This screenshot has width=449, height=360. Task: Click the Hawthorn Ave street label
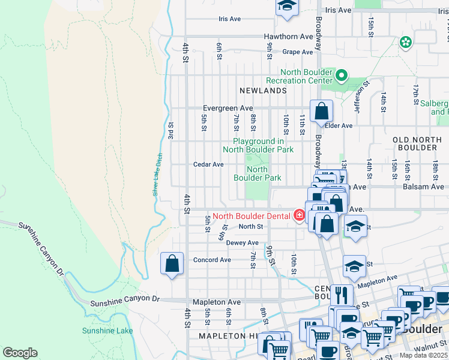coord(289,37)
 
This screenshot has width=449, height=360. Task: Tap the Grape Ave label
coord(298,52)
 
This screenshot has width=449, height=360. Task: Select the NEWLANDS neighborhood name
coord(263,90)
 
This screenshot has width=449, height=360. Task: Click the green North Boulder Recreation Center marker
coord(342,76)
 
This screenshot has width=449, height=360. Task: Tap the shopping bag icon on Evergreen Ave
coord(322,110)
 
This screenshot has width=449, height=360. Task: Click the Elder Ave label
coord(339,126)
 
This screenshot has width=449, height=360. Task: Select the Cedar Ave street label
coord(208,164)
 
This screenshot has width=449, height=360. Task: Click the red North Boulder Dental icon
coord(299,215)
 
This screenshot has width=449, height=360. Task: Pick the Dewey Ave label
coord(242,243)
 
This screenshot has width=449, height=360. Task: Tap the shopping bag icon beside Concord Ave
coord(172,263)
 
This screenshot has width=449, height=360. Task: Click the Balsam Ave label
coord(429,187)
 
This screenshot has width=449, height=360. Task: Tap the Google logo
coord(20,353)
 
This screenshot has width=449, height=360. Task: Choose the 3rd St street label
coord(171,129)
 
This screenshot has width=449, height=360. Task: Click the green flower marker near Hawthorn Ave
coord(406,42)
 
